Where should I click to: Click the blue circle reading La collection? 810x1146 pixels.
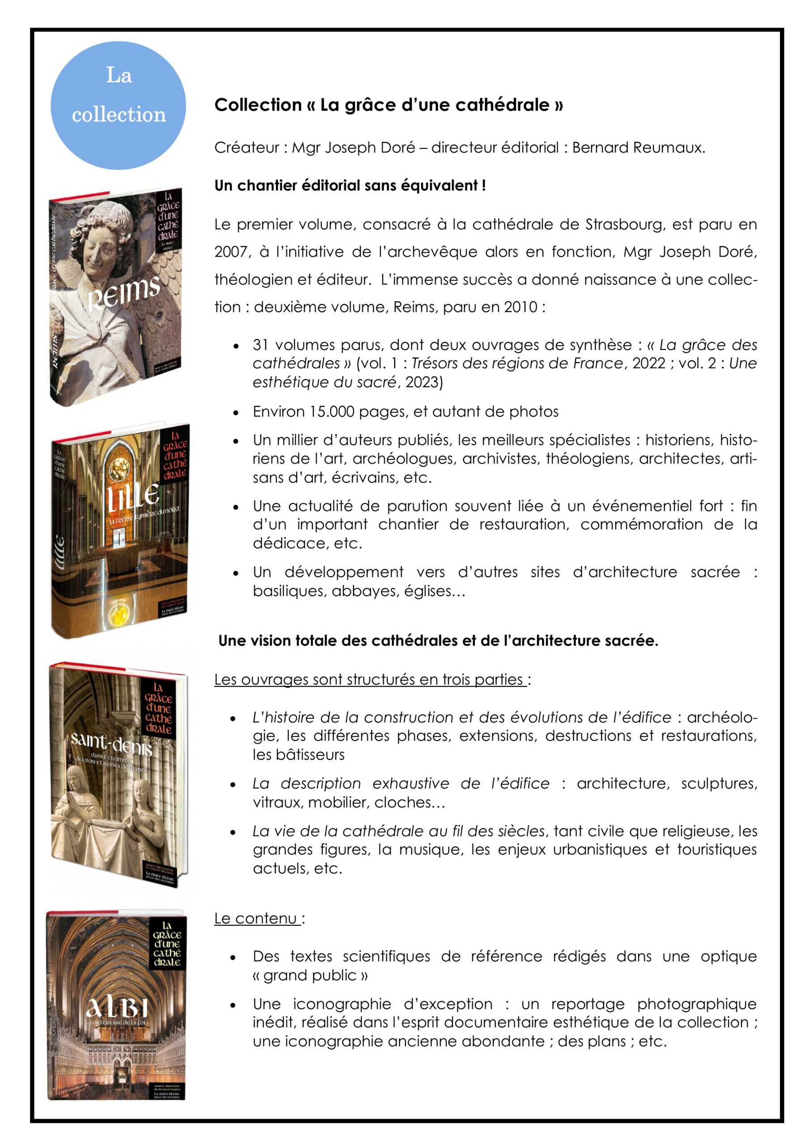(118, 105)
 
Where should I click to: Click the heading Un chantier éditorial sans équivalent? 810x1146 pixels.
(350, 186)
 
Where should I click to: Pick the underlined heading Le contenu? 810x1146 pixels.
(257, 919)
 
